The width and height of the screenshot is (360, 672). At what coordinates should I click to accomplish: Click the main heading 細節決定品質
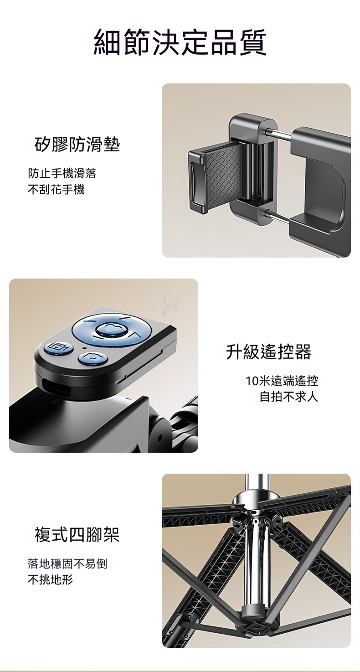click(180, 42)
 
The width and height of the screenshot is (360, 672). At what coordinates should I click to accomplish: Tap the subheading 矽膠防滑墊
click(77, 145)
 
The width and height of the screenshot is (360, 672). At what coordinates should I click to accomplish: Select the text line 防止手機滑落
click(62, 173)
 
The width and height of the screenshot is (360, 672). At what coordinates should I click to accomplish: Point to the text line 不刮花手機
click(57, 190)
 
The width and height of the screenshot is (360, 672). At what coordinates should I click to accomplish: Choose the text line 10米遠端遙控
click(282, 381)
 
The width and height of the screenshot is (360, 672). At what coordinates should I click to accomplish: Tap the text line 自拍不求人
click(288, 397)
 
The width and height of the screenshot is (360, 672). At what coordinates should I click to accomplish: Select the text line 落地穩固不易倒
click(67, 563)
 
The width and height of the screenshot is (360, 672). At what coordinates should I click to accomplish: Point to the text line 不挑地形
click(51, 580)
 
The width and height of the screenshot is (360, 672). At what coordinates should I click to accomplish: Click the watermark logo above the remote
click(170, 306)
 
